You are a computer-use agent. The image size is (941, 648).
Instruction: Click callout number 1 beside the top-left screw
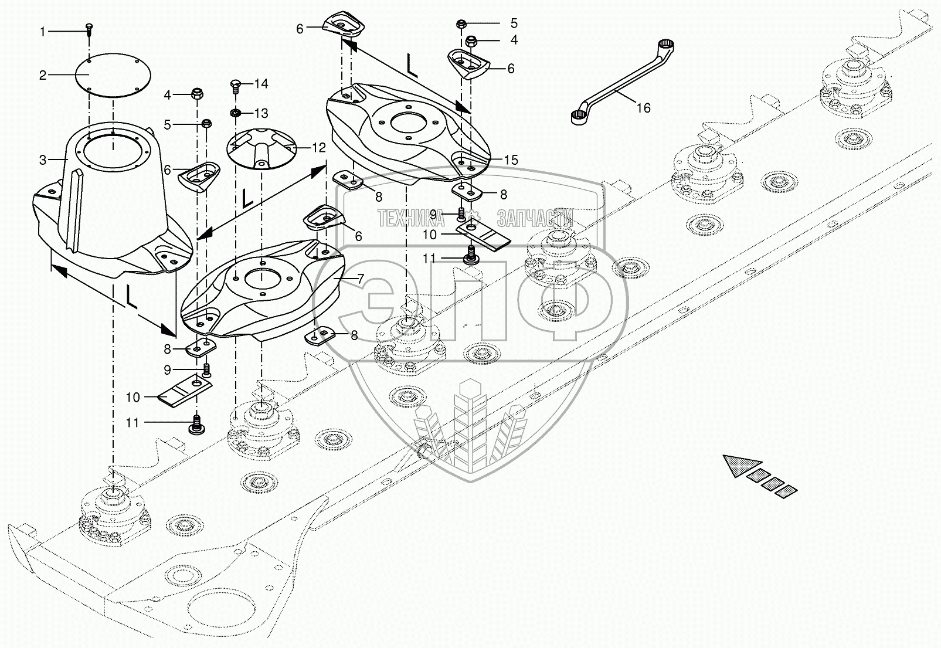click(43, 32)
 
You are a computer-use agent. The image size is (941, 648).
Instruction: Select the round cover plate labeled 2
click(113, 76)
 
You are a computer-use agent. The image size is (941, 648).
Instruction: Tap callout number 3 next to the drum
click(42, 160)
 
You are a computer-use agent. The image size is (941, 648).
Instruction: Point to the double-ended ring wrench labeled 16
click(623, 81)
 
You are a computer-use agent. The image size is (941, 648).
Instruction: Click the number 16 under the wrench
click(643, 108)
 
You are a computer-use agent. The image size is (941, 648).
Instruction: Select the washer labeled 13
click(235, 113)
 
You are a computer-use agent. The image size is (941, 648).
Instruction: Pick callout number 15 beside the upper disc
click(511, 160)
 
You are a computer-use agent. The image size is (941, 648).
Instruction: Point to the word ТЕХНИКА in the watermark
click(411, 218)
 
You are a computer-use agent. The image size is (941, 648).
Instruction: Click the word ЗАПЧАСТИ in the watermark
click(535, 218)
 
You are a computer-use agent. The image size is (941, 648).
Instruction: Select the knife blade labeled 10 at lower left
click(185, 391)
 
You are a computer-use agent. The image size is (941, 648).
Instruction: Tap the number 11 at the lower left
click(133, 422)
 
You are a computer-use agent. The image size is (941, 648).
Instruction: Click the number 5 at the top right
click(514, 23)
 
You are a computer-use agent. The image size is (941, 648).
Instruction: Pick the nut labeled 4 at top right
click(471, 41)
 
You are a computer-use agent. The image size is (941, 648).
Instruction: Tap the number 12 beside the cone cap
click(319, 148)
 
